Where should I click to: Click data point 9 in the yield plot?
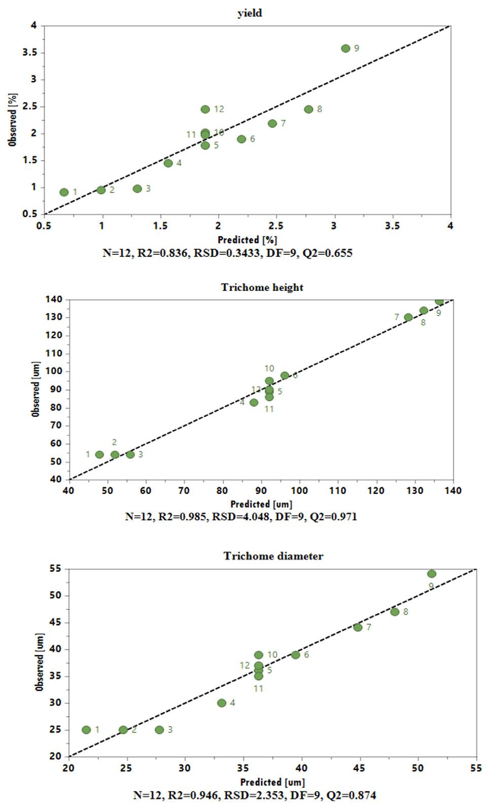345,48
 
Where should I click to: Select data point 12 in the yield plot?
205,109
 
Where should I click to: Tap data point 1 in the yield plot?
64,193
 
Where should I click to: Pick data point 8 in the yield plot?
308,109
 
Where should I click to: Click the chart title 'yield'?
250,13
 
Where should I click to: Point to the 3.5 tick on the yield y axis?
29,53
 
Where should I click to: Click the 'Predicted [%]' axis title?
247,240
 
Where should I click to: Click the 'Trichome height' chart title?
262,288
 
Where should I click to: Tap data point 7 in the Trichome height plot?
408,318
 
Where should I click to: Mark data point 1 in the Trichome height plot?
99,454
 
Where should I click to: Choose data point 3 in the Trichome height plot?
130,454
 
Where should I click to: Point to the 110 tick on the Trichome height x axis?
338,490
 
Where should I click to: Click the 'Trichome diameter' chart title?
273,556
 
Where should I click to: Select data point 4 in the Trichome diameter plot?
222,703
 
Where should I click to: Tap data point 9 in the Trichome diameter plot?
432,574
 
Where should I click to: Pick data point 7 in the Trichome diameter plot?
358,627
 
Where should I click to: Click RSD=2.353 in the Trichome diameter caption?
254,795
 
